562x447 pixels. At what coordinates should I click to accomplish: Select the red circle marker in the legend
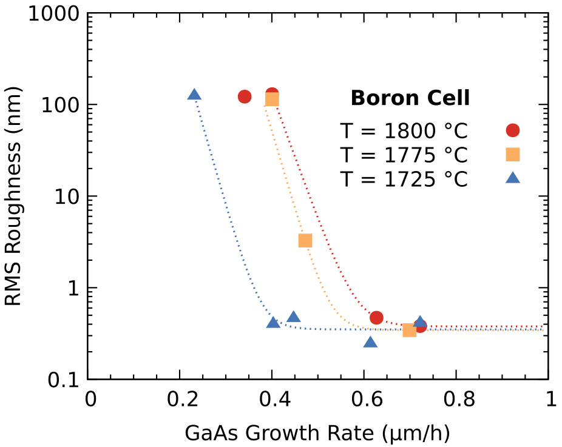pyautogui.click(x=513, y=130)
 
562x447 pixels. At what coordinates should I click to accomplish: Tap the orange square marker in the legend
pyautogui.click(x=513, y=155)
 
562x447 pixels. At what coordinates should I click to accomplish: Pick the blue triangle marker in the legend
pyautogui.click(x=513, y=178)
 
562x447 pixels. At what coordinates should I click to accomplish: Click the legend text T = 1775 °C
pyautogui.click(x=403, y=155)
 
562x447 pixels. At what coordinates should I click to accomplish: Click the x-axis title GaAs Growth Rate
pyautogui.click(x=317, y=433)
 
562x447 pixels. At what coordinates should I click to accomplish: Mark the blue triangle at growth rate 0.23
pyautogui.click(x=194, y=95)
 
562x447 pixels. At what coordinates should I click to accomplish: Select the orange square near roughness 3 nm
pyautogui.click(x=305, y=241)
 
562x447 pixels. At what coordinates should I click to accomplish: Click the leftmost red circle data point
pyautogui.click(x=245, y=96)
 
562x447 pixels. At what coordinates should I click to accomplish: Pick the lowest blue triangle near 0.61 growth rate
pyautogui.click(x=370, y=343)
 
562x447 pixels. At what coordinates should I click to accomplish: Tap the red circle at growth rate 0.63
pyautogui.click(x=376, y=318)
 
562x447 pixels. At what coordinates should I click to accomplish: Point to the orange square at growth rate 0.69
pyautogui.click(x=410, y=330)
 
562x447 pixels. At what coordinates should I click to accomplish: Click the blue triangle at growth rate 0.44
pyautogui.click(x=294, y=317)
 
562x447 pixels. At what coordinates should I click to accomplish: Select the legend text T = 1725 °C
pyautogui.click(x=403, y=179)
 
